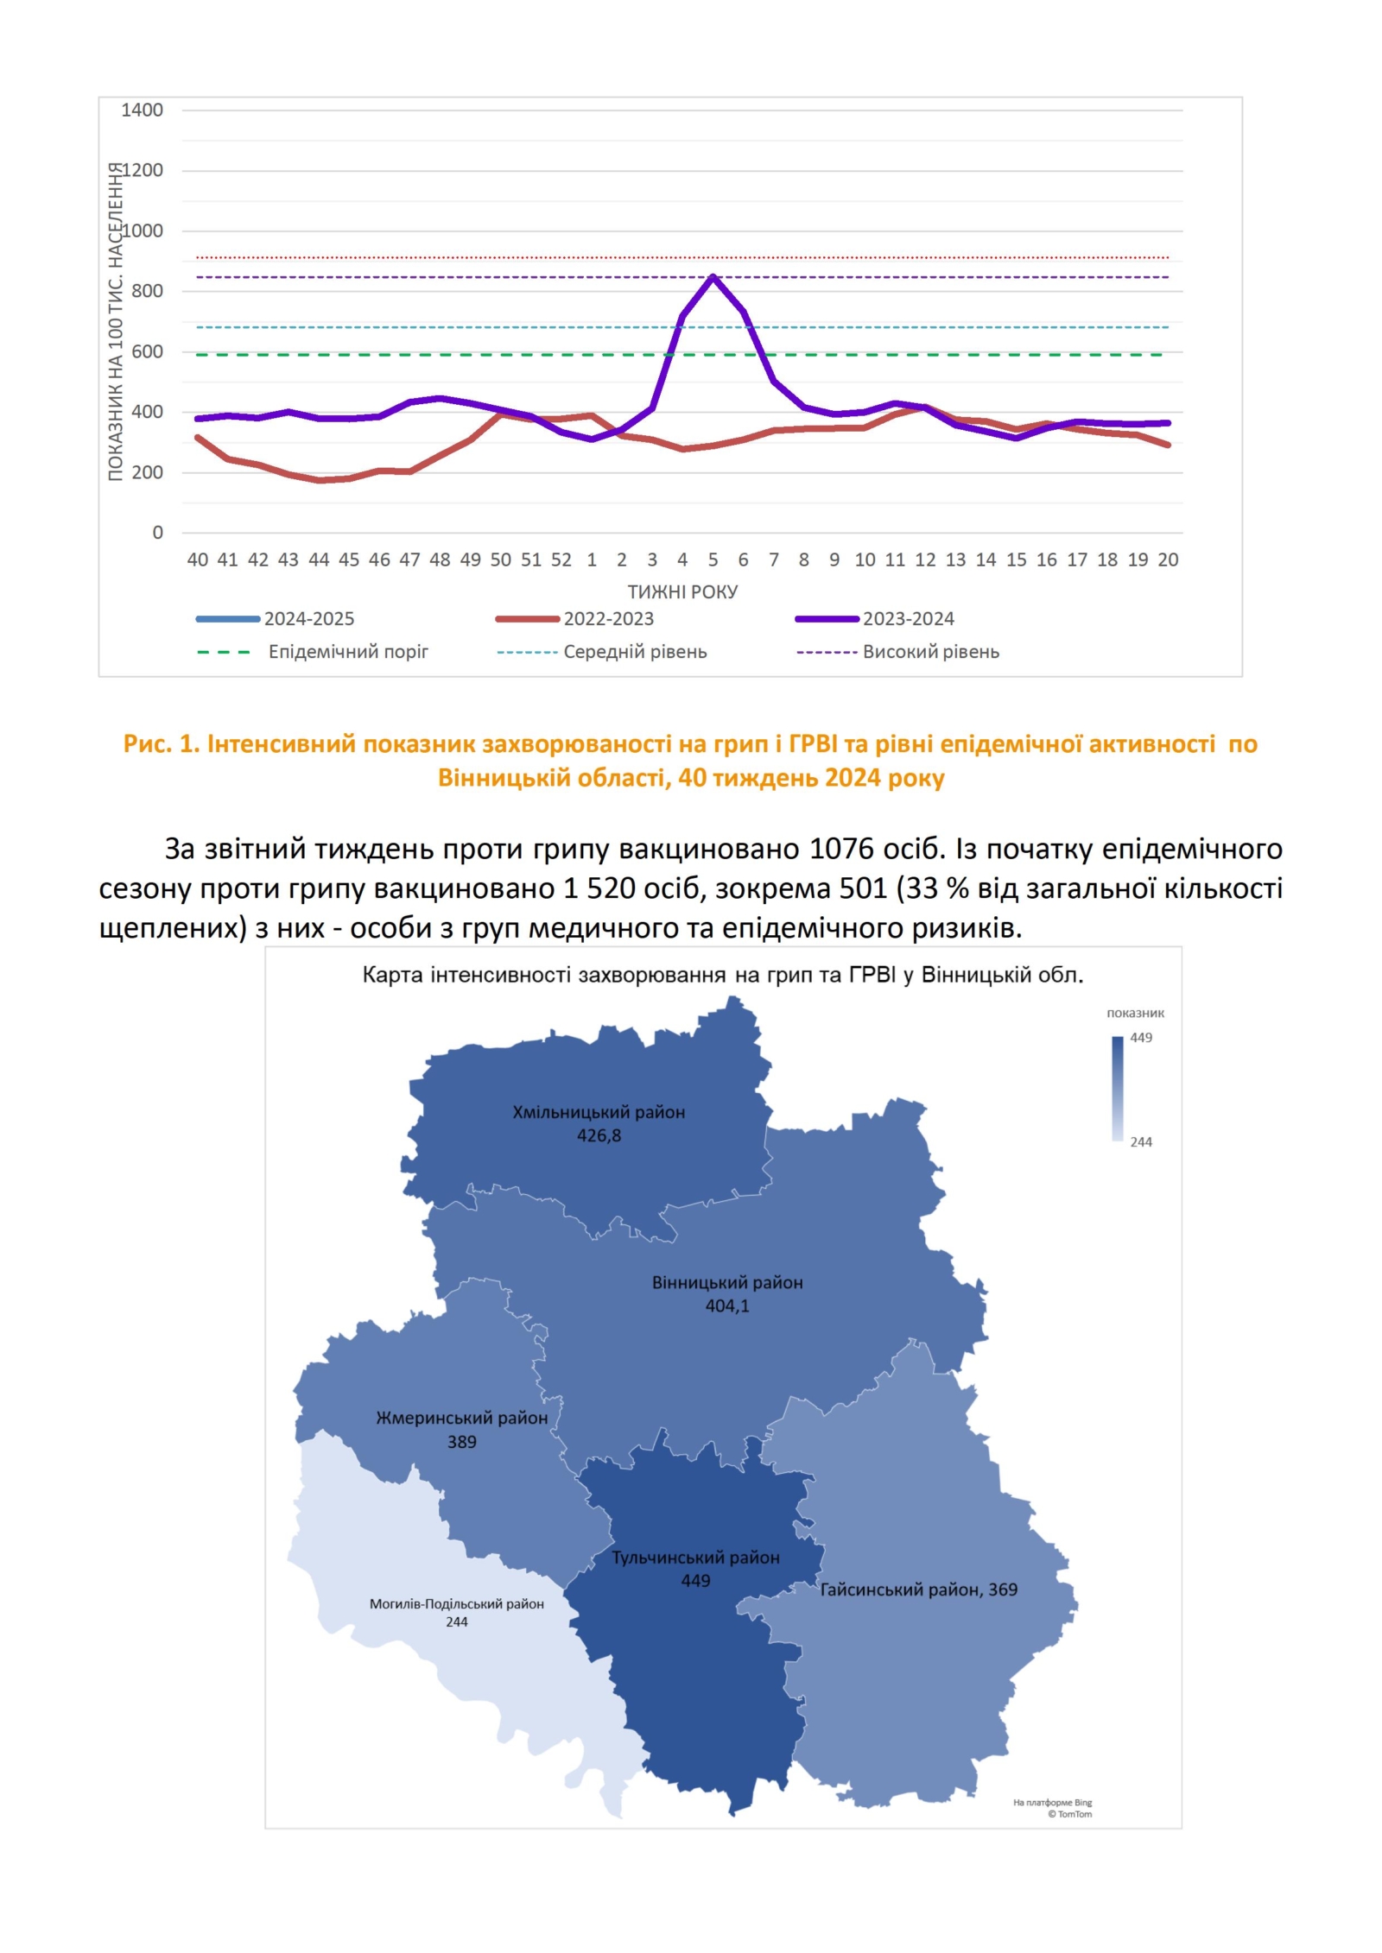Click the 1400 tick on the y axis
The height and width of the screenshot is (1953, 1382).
pos(142,111)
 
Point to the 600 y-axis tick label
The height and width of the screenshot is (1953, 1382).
pos(147,351)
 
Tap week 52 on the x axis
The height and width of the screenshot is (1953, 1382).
pos(561,559)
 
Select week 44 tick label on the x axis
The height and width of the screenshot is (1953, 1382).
pos(319,559)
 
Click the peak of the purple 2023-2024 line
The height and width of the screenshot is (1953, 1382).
pos(713,276)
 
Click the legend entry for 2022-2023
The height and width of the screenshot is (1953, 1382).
pos(608,618)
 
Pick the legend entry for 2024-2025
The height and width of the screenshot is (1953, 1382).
pos(308,618)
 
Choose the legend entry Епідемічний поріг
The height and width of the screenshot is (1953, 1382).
pos(347,652)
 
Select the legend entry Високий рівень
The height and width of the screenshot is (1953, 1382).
pos(930,652)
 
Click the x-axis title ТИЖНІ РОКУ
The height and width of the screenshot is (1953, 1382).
pos(682,591)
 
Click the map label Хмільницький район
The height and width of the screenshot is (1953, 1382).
pos(599,1112)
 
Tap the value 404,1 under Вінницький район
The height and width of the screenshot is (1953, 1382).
pos(727,1305)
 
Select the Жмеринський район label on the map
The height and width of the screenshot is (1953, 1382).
pos(461,1418)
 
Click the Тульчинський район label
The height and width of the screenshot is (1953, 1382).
pos(695,1558)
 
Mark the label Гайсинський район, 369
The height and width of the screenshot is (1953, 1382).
pos(918,1590)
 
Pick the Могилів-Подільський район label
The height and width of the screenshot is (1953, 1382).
pos(456,1603)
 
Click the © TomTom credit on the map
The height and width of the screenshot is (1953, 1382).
pos(1069,1814)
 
